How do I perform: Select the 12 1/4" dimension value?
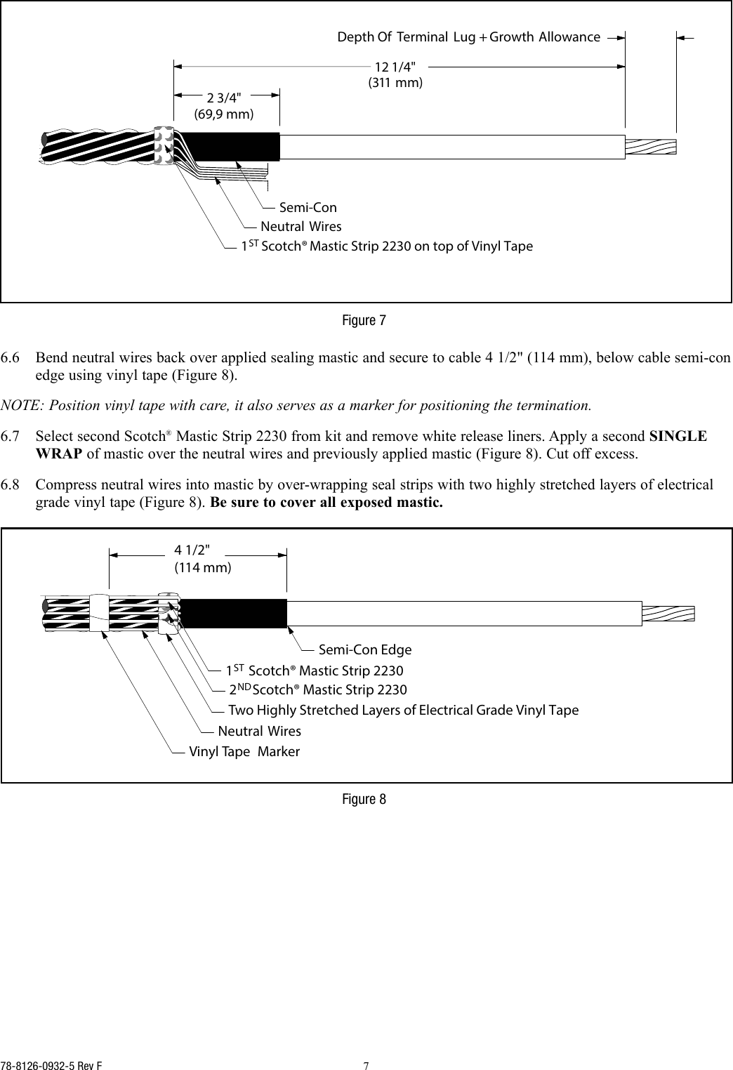[395, 67]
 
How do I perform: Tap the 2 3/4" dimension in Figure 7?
[224, 98]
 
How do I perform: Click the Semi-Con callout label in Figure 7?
[308, 207]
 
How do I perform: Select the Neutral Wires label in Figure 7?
[301, 226]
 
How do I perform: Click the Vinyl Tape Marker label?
[244, 751]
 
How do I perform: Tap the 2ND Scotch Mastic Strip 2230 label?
[317, 690]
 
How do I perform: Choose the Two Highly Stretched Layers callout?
[403, 710]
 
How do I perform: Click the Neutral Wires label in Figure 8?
[259, 731]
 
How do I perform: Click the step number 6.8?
[11, 485]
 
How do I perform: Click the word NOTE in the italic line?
[19, 405]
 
